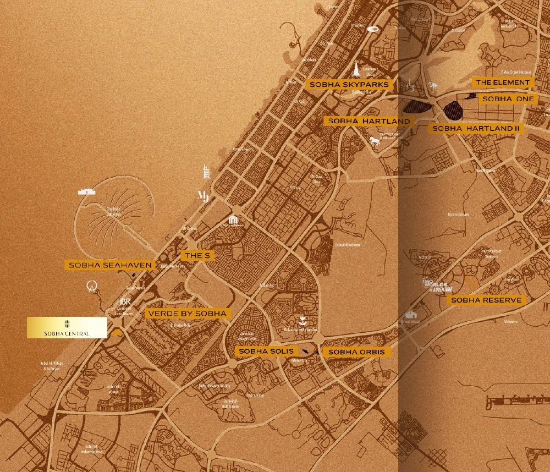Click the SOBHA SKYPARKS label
pos(349,84)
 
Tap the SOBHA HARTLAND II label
pos(476,128)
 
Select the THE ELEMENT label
pos(503,82)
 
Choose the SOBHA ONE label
pos(508,98)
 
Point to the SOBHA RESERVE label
pos(486,300)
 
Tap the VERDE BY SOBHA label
pos(186,314)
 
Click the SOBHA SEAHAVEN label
pos(110,265)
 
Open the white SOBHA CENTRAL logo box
pos(67,327)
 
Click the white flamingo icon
pos(433,86)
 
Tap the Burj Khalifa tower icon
pos(356,68)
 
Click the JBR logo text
pos(125,302)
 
